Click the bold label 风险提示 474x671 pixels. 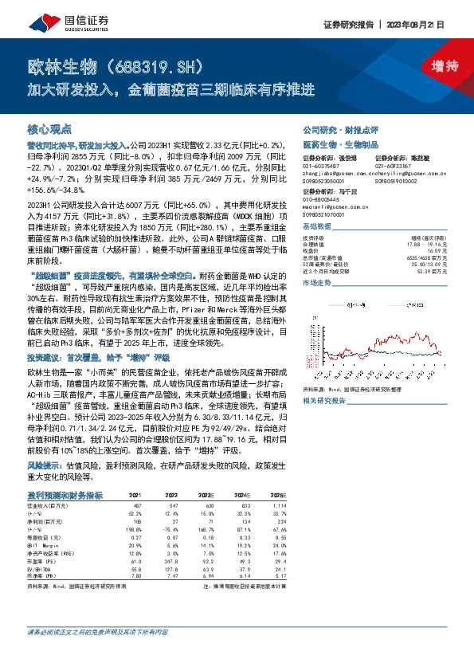point(45,462)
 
